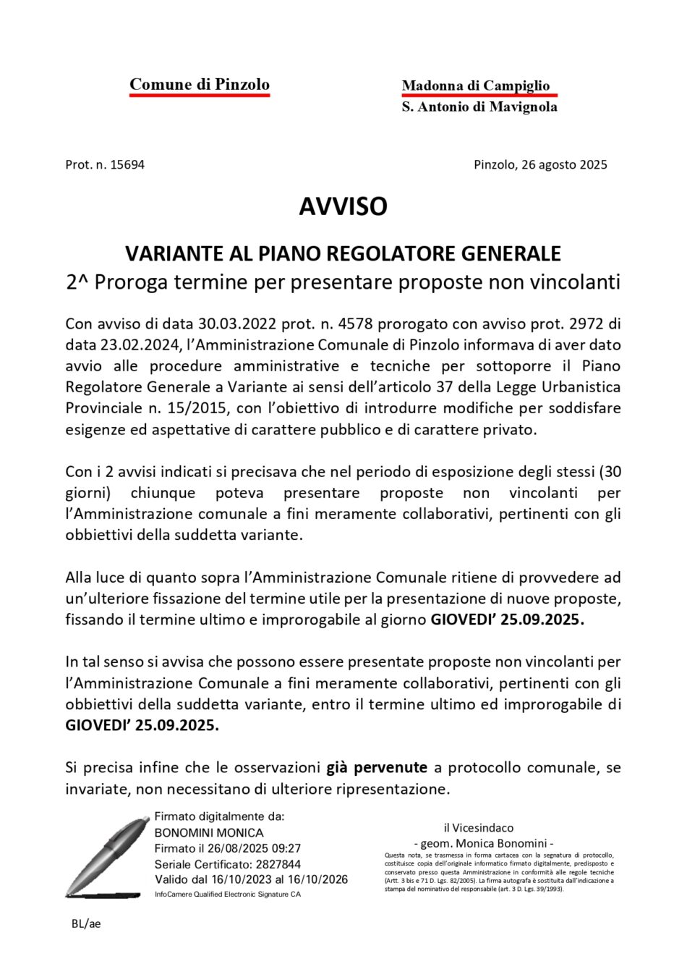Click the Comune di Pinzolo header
(x=199, y=85)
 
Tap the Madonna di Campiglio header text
(x=475, y=85)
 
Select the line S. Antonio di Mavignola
(x=479, y=107)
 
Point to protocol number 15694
(x=127, y=164)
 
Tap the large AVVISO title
(x=343, y=207)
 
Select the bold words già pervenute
(x=376, y=767)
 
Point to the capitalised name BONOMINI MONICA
(x=209, y=832)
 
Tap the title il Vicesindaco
(x=478, y=827)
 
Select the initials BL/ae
(x=86, y=924)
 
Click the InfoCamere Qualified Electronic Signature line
(x=227, y=895)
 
